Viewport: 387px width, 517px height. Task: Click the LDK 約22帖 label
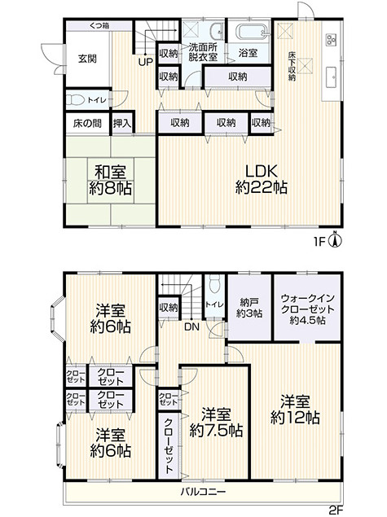tap(262, 179)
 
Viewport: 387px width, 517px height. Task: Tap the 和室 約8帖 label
tap(110, 181)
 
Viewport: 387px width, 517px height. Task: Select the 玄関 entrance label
tap(87, 59)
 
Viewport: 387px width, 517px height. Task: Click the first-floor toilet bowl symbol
tap(76, 99)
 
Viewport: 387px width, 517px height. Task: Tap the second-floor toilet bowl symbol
tap(215, 284)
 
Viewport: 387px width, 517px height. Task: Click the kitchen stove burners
tap(331, 40)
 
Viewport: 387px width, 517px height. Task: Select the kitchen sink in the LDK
tap(331, 77)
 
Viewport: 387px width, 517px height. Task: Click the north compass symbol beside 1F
tap(336, 240)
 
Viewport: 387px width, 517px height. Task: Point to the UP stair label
tap(146, 62)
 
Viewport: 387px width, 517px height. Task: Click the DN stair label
tap(191, 327)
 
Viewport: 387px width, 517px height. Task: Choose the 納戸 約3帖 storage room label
tap(249, 307)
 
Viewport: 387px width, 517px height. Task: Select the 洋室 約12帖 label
tap(295, 410)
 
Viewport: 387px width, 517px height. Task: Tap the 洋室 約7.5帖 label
tap(216, 423)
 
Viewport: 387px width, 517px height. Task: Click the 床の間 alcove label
tap(87, 124)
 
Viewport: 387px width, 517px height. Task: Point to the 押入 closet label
tap(122, 124)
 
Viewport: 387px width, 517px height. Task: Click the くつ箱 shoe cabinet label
tap(99, 25)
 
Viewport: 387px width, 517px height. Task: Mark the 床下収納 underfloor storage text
tap(292, 66)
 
